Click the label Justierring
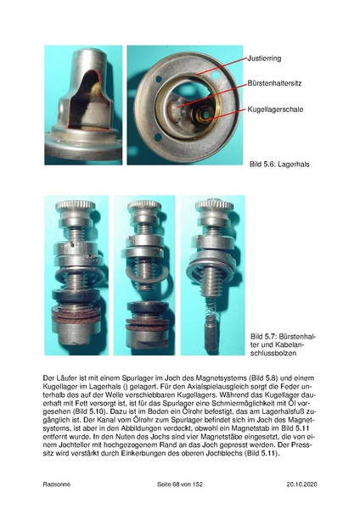click(x=264, y=59)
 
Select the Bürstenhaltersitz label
click(x=274, y=83)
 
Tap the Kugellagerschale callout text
click(x=275, y=109)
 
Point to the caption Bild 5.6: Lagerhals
click(x=279, y=164)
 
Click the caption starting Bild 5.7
click(x=283, y=344)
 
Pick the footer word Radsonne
click(x=57, y=484)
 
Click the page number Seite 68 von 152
click(x=180, y=484)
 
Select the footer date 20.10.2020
click(x=302, y=484)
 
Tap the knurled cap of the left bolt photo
click(x=76, y=206)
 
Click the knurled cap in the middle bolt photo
click(x=144, y=205)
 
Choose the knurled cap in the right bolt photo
click(x=214, y=205)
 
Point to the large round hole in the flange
click(x=216, y=75)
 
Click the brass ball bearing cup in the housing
click(x=202, y=115)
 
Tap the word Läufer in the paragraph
click(x=64, y=378)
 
